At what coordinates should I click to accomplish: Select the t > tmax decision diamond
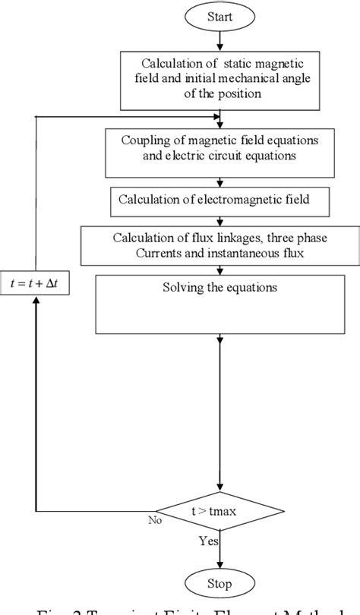[x=220, y=511]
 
